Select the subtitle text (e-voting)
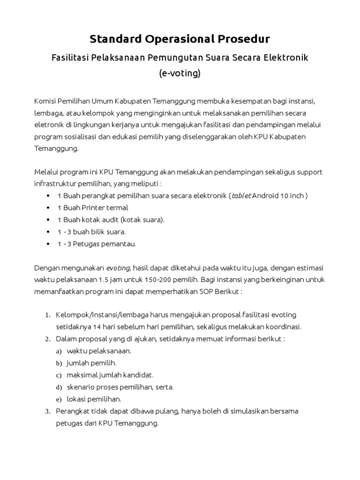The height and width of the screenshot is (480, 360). point(180,74)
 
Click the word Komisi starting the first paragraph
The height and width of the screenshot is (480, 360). point(45,101)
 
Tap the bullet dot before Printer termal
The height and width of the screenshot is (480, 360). point(49,208)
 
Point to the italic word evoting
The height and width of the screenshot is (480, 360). point(118,268)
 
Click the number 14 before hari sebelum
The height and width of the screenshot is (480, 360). point(96,327)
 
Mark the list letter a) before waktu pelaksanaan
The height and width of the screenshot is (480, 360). point(59,351)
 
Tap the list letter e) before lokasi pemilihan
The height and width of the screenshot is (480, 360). point(59,399)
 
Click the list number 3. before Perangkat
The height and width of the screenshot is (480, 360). point(47,412)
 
